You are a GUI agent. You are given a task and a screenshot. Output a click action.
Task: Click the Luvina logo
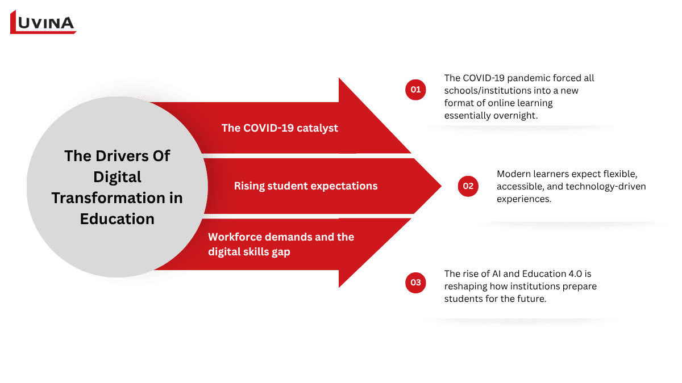click(43, 22)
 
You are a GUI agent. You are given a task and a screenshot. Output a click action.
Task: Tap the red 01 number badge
click(415, 90)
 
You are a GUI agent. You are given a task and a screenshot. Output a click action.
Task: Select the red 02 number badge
click(468, 186)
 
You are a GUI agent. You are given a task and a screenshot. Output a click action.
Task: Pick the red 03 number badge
click(415, 283)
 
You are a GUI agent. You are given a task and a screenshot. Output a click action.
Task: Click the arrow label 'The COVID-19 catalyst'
click(280, 128)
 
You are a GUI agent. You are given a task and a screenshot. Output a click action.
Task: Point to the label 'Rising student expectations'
click(306, 186)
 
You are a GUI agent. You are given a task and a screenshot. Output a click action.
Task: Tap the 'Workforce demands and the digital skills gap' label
click(281, 244)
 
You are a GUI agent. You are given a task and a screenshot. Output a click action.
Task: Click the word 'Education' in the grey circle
click(117, 219)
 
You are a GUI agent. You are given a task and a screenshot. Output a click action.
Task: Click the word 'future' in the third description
click(533, 299)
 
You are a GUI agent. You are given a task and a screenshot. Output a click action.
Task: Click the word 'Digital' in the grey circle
click(117, 177)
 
